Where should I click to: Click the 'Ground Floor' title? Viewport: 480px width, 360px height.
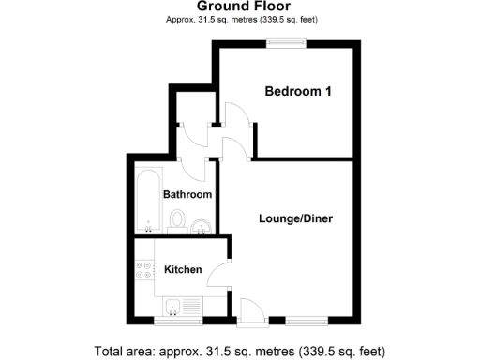tap(239, 7)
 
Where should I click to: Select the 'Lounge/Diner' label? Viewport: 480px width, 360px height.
tap(295, 218)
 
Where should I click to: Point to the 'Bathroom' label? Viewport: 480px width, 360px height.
tap(187, 194)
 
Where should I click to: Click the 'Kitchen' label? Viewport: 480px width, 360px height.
tap(183, 269)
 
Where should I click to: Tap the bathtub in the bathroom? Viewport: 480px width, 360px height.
tap(148, 201)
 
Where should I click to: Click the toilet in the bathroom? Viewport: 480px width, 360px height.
tap(178, 221)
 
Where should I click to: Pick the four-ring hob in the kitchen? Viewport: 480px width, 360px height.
tap(144, 272)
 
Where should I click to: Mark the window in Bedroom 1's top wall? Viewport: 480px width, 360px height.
tap(285, 41)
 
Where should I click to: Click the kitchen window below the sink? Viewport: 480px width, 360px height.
tap(177, 322)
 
